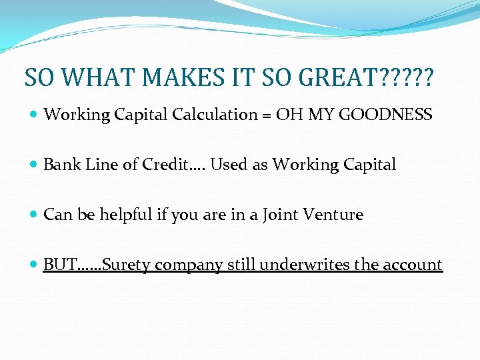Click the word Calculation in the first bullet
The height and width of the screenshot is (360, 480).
pos(214,115)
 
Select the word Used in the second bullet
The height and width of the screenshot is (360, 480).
pos(229,165)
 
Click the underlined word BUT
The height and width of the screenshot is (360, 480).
pos(59,265)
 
